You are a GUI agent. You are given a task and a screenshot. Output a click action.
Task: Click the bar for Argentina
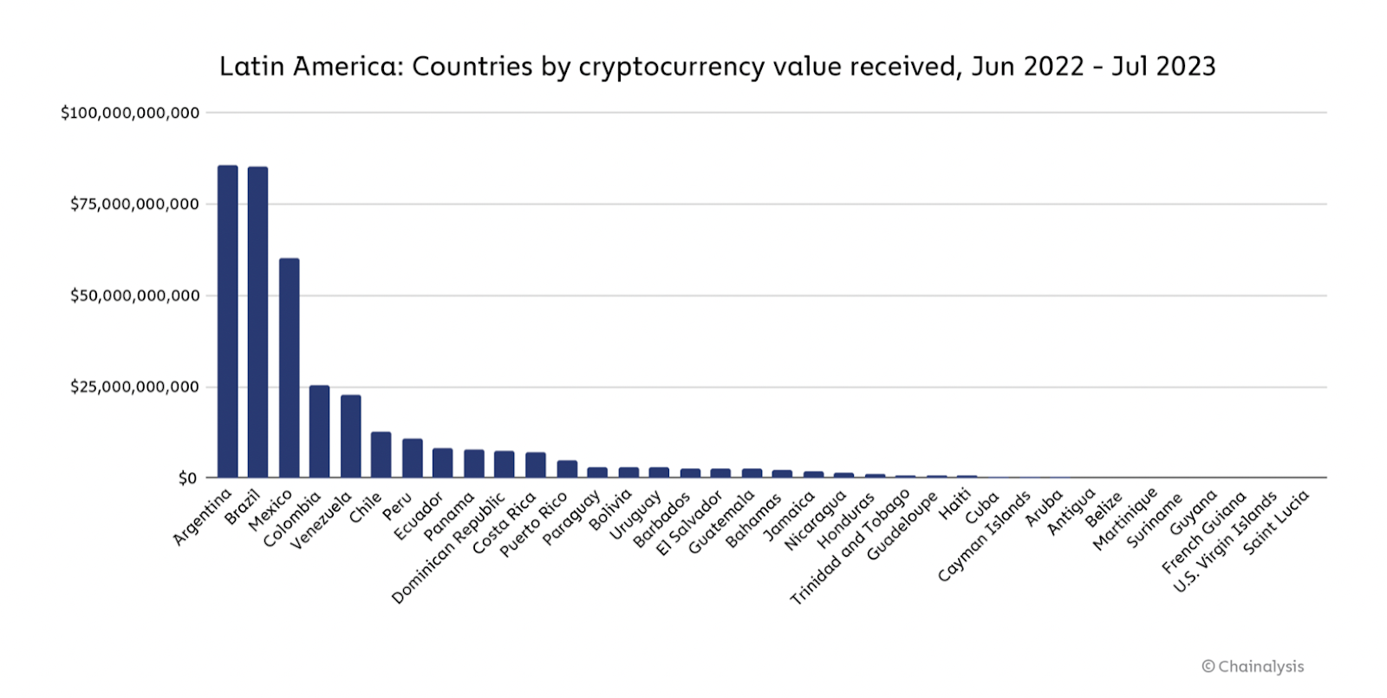coord(227,322)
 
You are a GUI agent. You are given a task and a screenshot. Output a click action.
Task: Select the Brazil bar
coord(257,323)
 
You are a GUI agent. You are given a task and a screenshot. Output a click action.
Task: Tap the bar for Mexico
coord(289,368)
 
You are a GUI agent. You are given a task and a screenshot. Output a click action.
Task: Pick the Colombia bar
coord(319,432)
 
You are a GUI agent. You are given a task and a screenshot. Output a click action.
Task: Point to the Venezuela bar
coord(350,436)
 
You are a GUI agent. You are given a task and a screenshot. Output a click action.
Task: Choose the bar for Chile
coord(381,454)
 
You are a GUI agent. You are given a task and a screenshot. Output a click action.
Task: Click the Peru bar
coord(412,458)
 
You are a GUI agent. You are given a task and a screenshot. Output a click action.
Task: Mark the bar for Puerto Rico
coord(567,468)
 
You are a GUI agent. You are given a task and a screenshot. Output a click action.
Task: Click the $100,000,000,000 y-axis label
coord(130,113)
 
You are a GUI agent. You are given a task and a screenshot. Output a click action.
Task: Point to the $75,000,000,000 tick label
coord(134,204)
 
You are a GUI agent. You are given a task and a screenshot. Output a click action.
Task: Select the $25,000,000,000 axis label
coord(134,387)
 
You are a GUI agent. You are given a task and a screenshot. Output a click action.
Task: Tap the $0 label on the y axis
coord(187,478)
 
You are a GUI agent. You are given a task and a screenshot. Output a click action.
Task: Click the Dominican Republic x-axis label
coord(449,547)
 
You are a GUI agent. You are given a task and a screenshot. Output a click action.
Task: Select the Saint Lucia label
coord(1275,521)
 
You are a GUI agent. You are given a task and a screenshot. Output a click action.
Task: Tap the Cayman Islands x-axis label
coord(984,536)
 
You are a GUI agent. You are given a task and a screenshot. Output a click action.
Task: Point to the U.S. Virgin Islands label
coord(1226,542)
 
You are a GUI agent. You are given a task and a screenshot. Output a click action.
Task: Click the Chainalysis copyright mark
coord(1252,666)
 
